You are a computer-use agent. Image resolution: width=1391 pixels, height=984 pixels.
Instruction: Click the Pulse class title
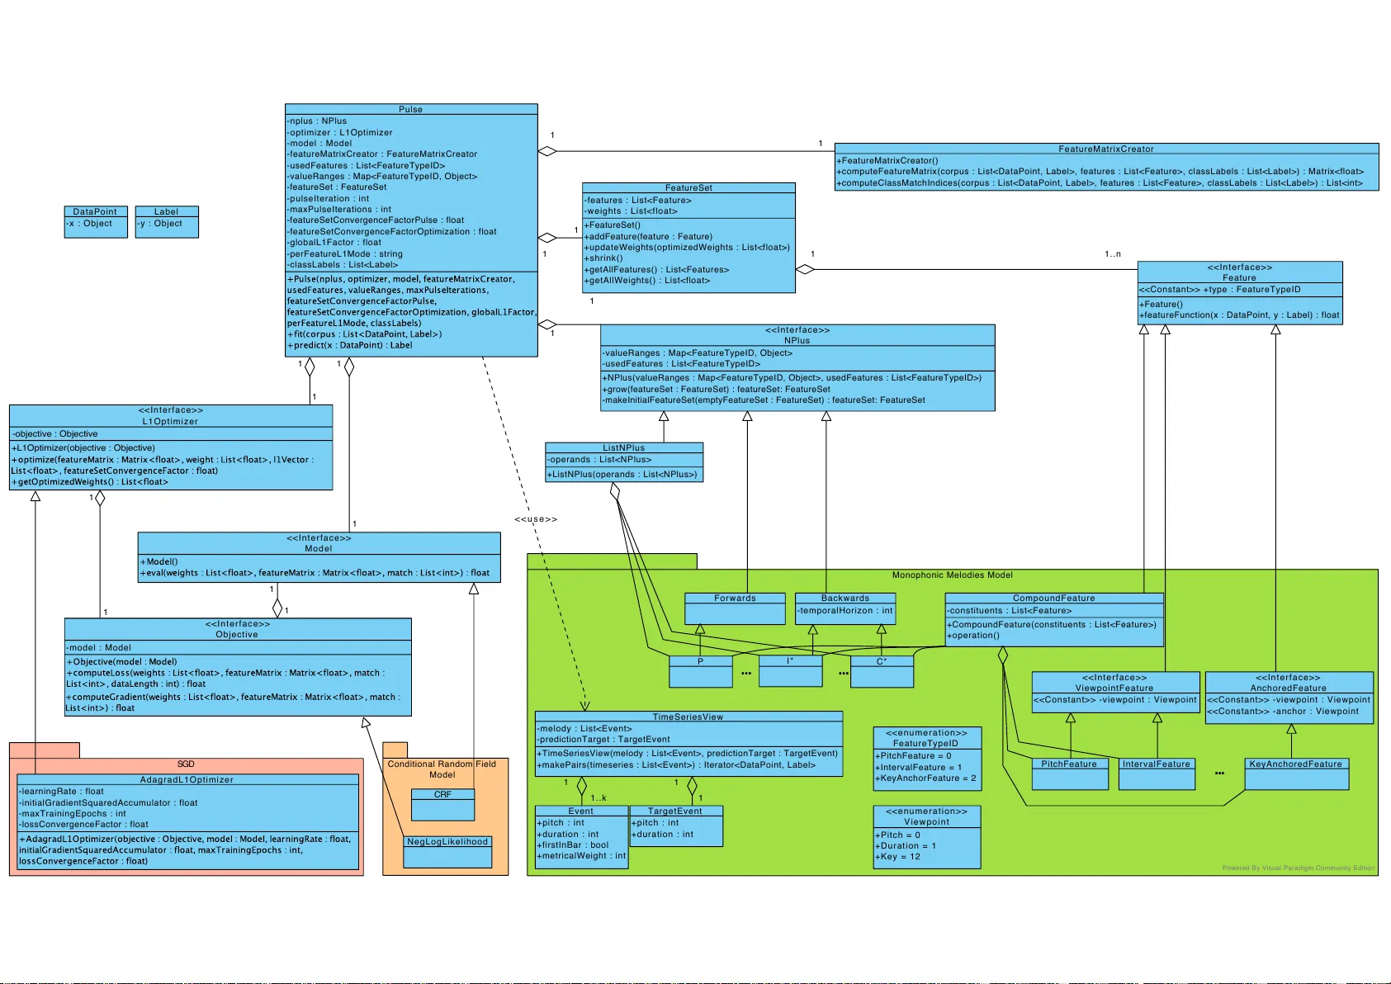point(410,109)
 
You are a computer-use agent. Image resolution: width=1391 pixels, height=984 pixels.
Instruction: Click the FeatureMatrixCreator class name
point(1106,149)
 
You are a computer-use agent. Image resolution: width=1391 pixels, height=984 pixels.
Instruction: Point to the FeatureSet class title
point(688,188)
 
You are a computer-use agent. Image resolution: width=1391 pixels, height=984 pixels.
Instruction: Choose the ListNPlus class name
point(623,448)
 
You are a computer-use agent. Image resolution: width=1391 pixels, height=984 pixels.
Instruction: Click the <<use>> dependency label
point(536,519)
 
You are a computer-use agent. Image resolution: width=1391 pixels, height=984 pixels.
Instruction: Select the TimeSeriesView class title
point(688,717)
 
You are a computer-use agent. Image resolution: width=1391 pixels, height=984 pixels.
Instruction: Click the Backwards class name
point(845,598)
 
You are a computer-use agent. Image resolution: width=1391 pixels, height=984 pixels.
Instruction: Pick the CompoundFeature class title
point(1054,598)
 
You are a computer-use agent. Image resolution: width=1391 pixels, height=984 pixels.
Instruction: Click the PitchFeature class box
point(1069,773)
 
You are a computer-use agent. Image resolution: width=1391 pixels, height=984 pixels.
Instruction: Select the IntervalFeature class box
point(1156,773)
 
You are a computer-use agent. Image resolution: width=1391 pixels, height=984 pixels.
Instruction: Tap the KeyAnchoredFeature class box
point(1296,773)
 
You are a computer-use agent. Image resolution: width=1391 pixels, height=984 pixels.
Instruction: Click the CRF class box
point(442,804)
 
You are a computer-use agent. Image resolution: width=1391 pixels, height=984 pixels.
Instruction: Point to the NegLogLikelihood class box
point(447,851)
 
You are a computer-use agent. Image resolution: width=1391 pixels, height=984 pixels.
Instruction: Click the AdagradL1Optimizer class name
point(187,780)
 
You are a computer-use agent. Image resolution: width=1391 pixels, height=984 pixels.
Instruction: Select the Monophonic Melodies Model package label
point(952,575)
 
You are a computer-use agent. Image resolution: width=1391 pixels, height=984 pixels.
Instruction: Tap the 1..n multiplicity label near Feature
point(1113,254)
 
